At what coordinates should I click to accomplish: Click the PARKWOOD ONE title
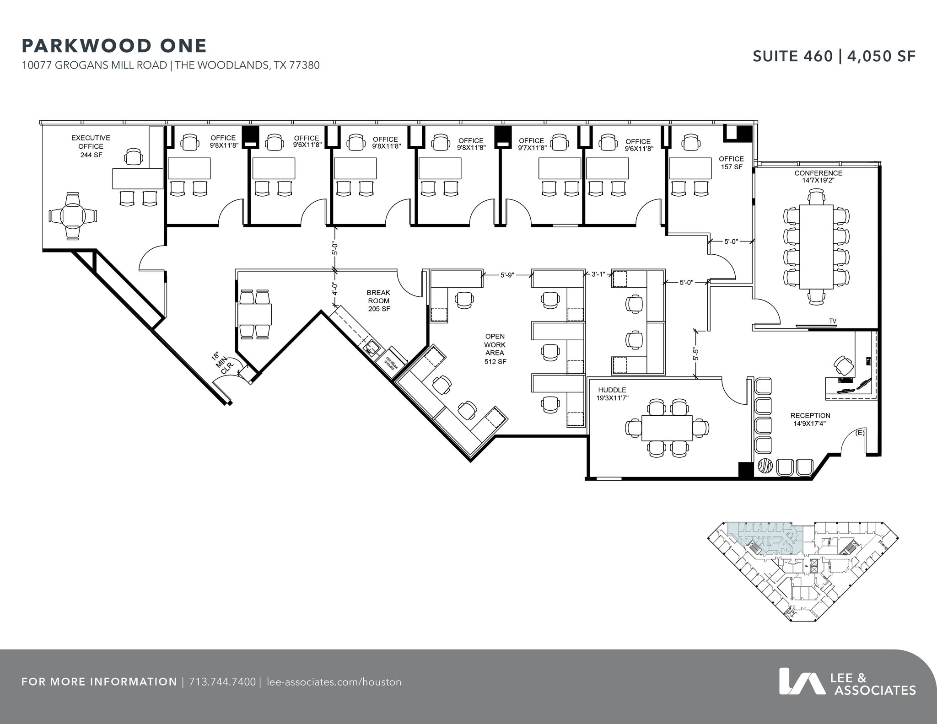click(x=114, y=46)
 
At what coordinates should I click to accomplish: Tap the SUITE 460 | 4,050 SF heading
click(x=834, y=56)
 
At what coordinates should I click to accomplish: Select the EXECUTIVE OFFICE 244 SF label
click(x=91, y=146)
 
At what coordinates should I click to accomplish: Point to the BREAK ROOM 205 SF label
click(x=378, y=300)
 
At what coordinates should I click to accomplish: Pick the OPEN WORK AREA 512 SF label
click(x=495, y=349)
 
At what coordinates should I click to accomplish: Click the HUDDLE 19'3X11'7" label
click(x=612, y=394)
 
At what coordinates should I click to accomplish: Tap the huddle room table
click(x=667, y=428)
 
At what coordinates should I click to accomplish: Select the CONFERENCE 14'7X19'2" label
click(x=818, y=177)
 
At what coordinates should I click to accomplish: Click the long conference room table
click(x=816, y=247)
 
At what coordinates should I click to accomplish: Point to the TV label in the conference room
click(x=833, y=321)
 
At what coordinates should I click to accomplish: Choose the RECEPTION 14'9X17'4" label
click(x=810, y=419)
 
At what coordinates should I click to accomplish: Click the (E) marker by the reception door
click(x=860, y=433)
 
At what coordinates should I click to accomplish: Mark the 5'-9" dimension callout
click(x=507, y=275)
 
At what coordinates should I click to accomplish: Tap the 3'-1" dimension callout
click(x=598, y=274)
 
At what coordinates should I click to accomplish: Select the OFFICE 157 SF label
click(x=731, y=163)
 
